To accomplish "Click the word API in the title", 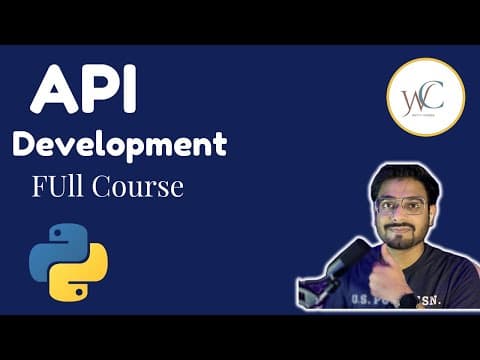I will tap(84, 91).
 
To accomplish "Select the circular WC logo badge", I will tap(425, 97).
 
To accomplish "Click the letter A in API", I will tap(51, 91).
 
